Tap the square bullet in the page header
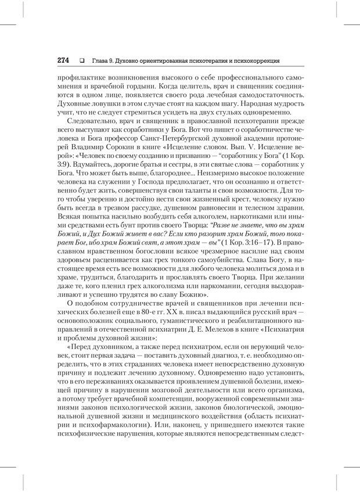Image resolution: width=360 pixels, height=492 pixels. [x=82, y=60]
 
